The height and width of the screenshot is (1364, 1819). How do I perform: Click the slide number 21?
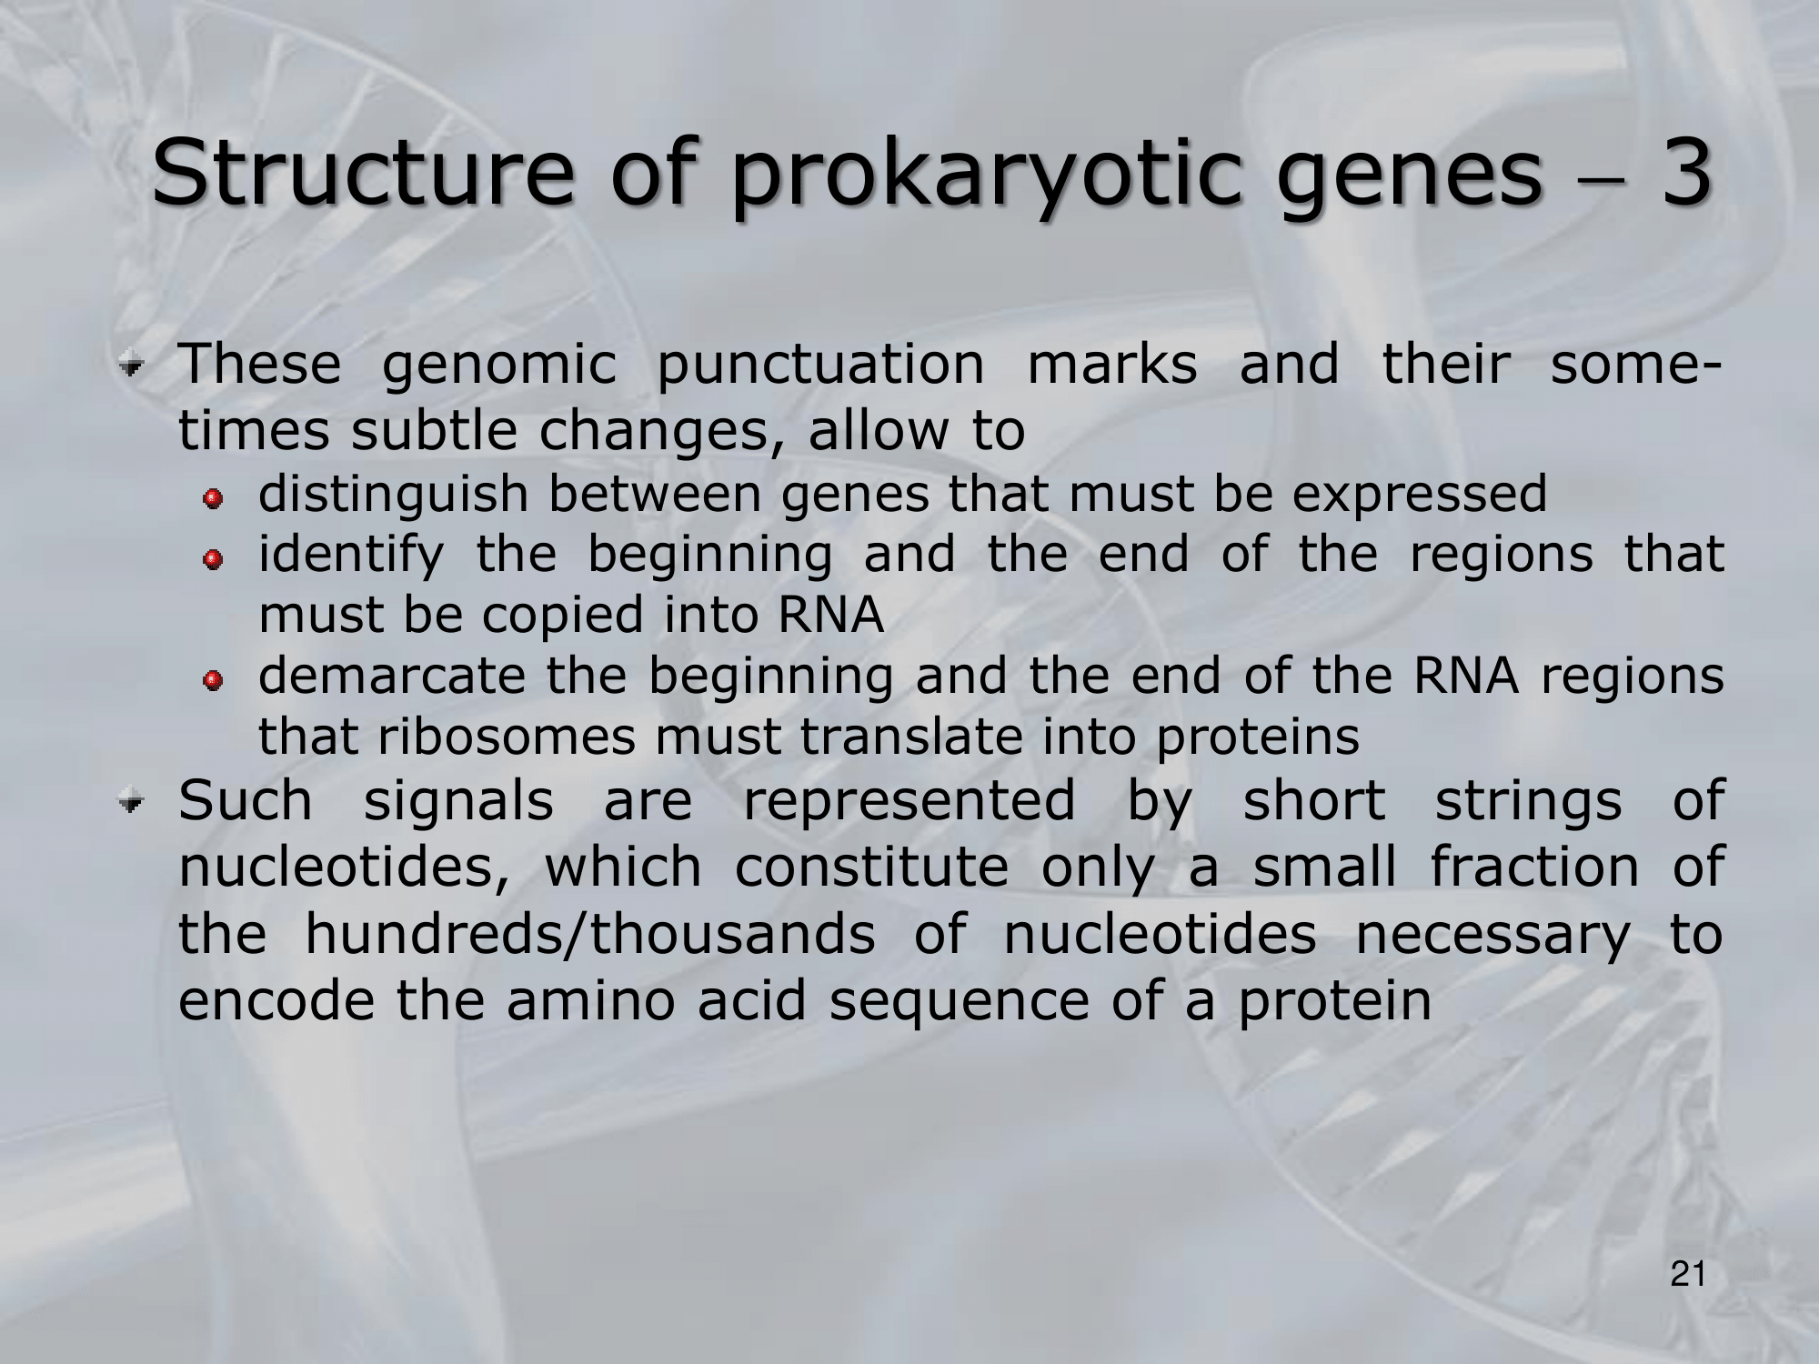coord(1687,1276)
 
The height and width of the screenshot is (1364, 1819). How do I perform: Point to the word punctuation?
coord(820,366)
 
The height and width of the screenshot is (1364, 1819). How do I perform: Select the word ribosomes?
coord(507,737)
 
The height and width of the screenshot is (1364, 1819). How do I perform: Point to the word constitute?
coord(871,868)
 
